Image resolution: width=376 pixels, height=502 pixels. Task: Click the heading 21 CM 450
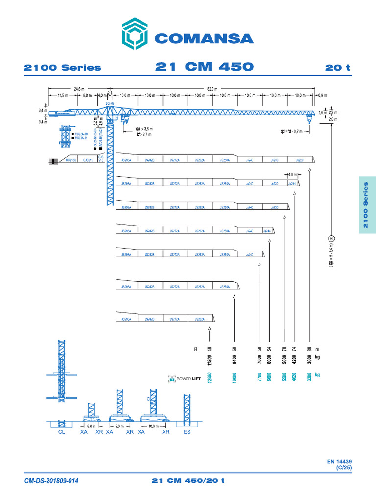click(204, 67)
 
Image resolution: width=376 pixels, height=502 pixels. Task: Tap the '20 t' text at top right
click(338, 67)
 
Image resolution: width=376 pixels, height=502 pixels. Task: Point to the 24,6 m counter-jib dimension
click(78, 89)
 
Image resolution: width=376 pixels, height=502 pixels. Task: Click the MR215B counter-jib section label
click(70, 160)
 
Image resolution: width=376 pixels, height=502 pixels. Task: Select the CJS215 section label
click(88, 160)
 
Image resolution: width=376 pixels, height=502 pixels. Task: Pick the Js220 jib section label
click(300, 160)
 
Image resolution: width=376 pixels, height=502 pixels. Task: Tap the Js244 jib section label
click(292, 183)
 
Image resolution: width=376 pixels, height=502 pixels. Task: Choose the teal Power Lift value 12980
click(210, 381)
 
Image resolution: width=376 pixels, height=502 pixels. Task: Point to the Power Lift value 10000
click(235, 381)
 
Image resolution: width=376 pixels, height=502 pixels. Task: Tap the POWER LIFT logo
click(184, 378)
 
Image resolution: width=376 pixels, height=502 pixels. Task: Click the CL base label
click(61, 433)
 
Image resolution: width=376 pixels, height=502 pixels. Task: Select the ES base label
click(187, 433)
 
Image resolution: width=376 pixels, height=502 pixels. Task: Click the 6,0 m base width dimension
click(92, 427)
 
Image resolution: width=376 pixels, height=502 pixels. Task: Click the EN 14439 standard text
click(339, 461)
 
